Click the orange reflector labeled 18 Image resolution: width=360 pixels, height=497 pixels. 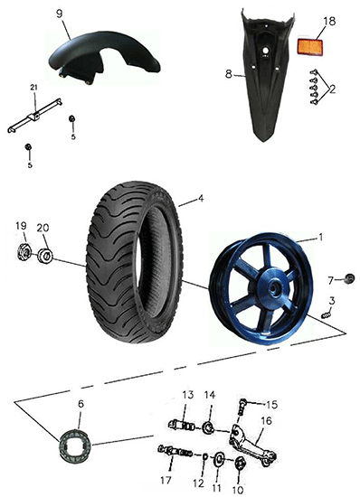tap(310, 47)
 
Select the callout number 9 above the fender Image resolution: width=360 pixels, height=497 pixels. tap(60, 14)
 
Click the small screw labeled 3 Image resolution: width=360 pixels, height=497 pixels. tap(326, 315)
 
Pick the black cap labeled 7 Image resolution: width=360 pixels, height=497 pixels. tap(349, 279)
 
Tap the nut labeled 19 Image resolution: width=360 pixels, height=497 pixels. tap(24, 252)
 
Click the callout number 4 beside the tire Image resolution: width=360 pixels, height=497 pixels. tap(201, 199)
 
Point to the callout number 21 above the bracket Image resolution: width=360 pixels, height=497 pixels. tap(34, 87)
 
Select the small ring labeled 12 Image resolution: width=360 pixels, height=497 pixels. tap(205, 456)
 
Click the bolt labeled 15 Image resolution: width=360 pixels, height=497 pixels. tap(243, 407)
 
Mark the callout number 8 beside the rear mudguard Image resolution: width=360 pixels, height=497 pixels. tap(229, 74)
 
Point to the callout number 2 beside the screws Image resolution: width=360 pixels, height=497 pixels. tap(332, 89)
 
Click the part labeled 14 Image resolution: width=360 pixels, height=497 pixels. tap(209, 427)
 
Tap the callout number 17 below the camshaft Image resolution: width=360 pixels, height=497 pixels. tap(166, 480)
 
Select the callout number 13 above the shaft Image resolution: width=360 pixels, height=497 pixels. tap(187, 396)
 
